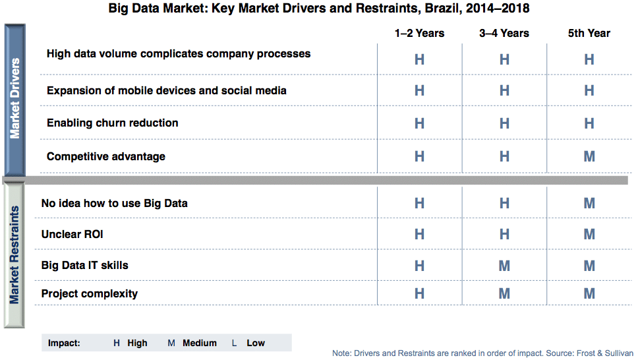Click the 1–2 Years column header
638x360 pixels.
point(419,34)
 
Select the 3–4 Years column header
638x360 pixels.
point(504,34)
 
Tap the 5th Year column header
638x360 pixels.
point(589,34)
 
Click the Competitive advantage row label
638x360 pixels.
point(106,157)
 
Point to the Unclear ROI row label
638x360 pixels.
point(72,234)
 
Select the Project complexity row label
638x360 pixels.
point(90,294)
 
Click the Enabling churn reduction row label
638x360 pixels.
point(112,123)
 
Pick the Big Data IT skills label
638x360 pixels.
point(84,266)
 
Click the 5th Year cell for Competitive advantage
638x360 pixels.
point(589,156)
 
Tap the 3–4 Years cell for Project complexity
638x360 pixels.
point(505,293)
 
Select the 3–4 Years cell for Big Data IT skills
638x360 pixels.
point(505,266)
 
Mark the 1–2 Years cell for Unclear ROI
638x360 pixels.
point(419,234)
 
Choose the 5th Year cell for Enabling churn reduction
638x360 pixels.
point(589,123)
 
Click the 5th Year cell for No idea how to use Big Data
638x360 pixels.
point(589,203)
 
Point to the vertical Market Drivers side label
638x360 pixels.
point(14,98)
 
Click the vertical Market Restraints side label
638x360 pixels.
point(14,255)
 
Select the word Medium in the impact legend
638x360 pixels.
point(199,344)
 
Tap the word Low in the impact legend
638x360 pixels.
point(256,344)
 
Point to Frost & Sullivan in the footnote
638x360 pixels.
point(605,353)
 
